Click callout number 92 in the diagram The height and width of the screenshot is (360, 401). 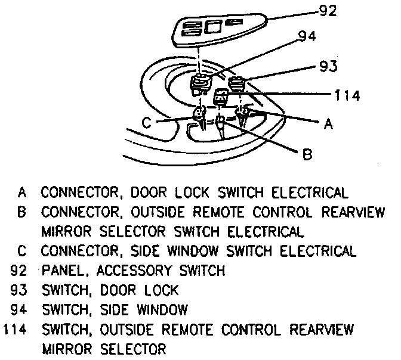(x=328, y=10)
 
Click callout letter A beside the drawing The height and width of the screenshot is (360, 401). (x=328, y=124)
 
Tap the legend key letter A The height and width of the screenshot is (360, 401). (x=22, y=193)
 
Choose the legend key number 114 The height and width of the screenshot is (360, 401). (x=16, y=330)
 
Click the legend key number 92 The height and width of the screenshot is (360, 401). (x=19, y=271)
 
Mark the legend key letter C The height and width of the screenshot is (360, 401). (x=22, y=251)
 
